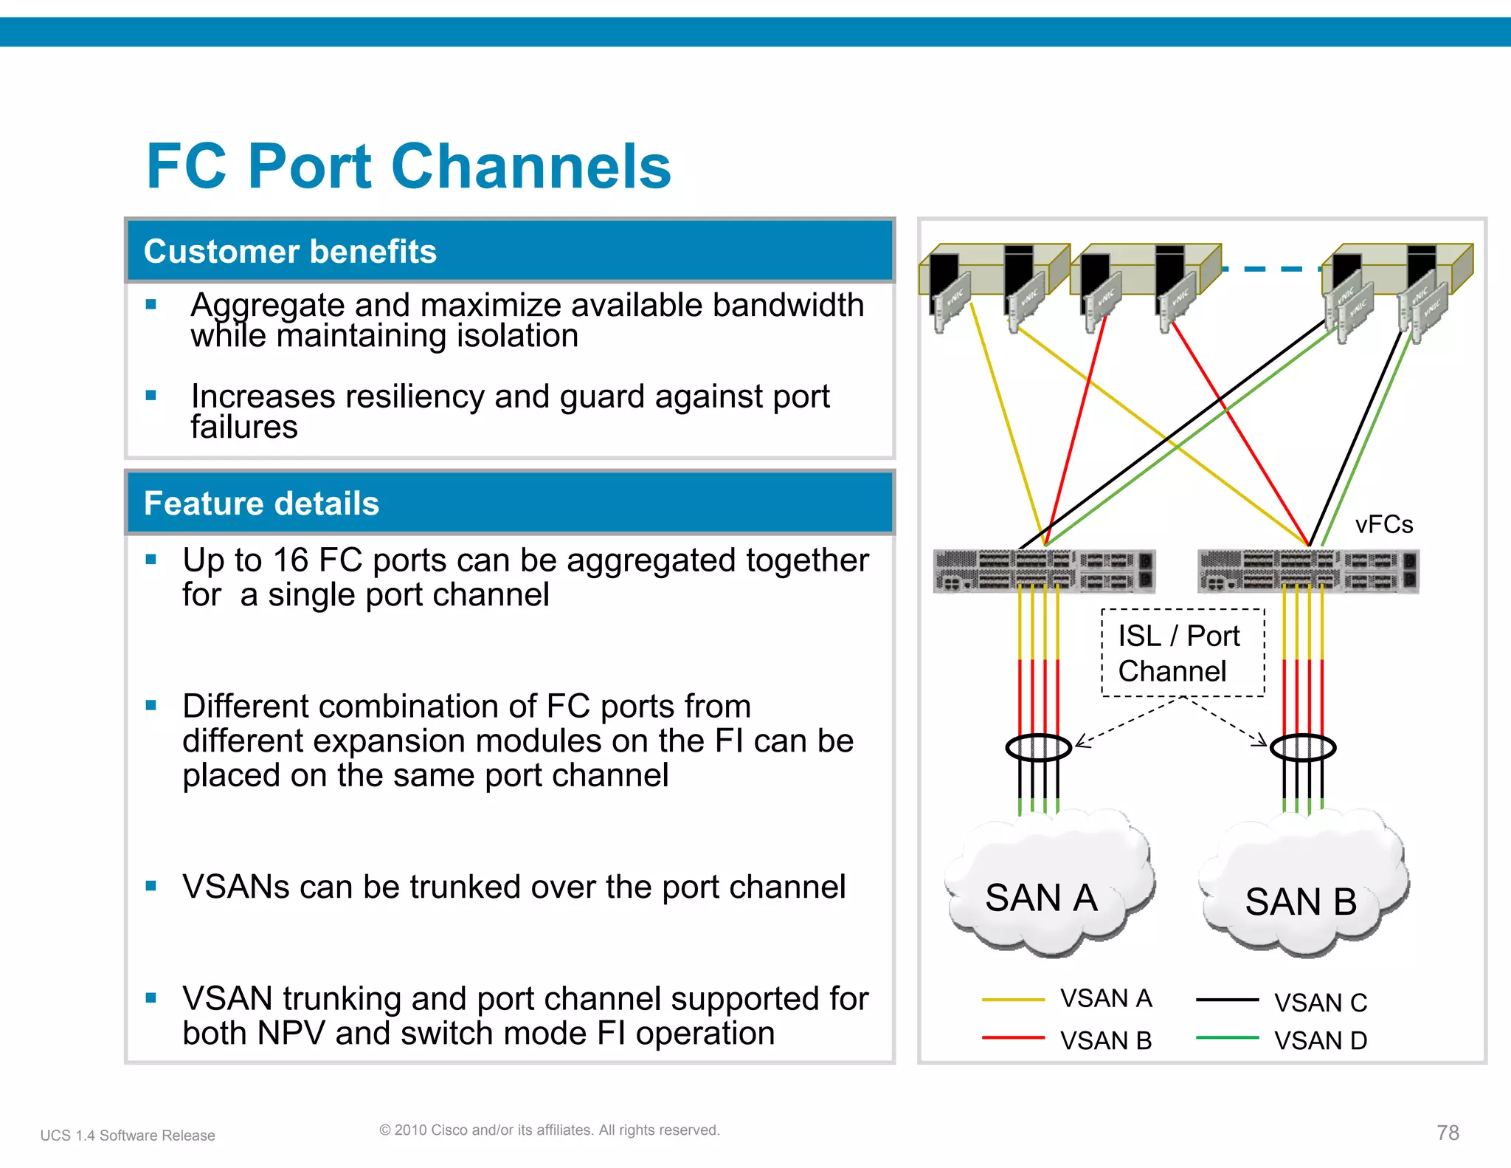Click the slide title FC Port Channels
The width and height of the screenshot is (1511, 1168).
tap(408, 167)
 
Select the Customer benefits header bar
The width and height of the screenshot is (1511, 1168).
tap(509, 251)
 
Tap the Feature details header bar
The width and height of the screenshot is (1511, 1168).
tap(509, 504)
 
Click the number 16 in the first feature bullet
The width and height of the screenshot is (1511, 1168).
tap(290, 560)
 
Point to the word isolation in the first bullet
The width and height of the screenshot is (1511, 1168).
tap(517, 336)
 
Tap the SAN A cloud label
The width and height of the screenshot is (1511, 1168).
tap(1041, 898)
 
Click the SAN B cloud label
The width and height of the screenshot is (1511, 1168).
tap(1301, 901)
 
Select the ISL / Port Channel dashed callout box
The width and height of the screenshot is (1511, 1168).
tap(1182, 653)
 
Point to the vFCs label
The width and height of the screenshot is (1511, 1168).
tap(1383, 524)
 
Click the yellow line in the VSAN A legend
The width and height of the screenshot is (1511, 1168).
tap(1013, 1000)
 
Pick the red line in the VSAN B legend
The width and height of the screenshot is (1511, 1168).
tap(1013, 1037)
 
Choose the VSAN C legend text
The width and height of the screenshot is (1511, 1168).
tap(1320, 1003)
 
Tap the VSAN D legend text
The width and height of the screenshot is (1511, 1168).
tap(1320, 1040)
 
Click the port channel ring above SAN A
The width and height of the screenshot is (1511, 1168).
tap(1038, 747)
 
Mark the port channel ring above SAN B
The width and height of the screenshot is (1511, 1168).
tap(1302, 747)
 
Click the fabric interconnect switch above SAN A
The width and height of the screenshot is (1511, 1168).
tap(1043, 571)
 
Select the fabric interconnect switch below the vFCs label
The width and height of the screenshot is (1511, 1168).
tap(1307, 571)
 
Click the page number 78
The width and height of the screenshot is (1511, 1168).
tap(1448, 1133)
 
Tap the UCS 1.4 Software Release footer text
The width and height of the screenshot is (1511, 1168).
tap(128, 1136)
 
